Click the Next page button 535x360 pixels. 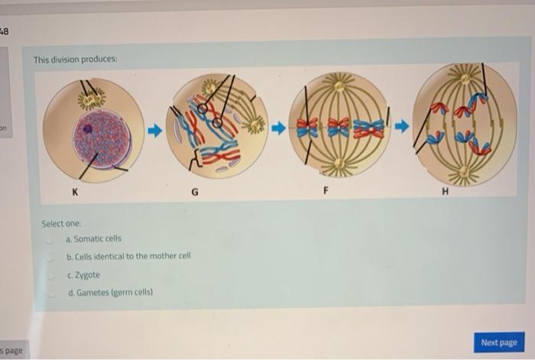click(x=498, y=342)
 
